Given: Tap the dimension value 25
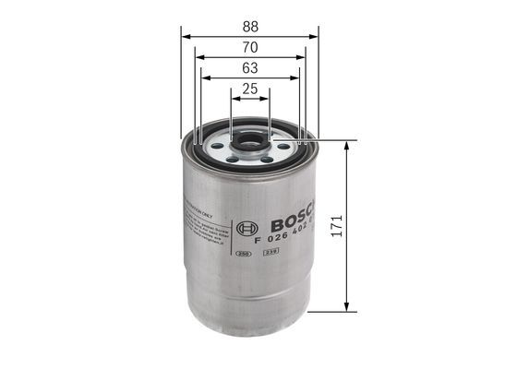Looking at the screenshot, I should (249, 89).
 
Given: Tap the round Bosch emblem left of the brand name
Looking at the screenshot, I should (245, 228).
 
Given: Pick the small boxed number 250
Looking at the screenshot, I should (243, 252).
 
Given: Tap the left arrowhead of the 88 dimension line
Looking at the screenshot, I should (186, 37).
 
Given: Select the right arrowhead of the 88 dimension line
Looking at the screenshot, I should (314, 37).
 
